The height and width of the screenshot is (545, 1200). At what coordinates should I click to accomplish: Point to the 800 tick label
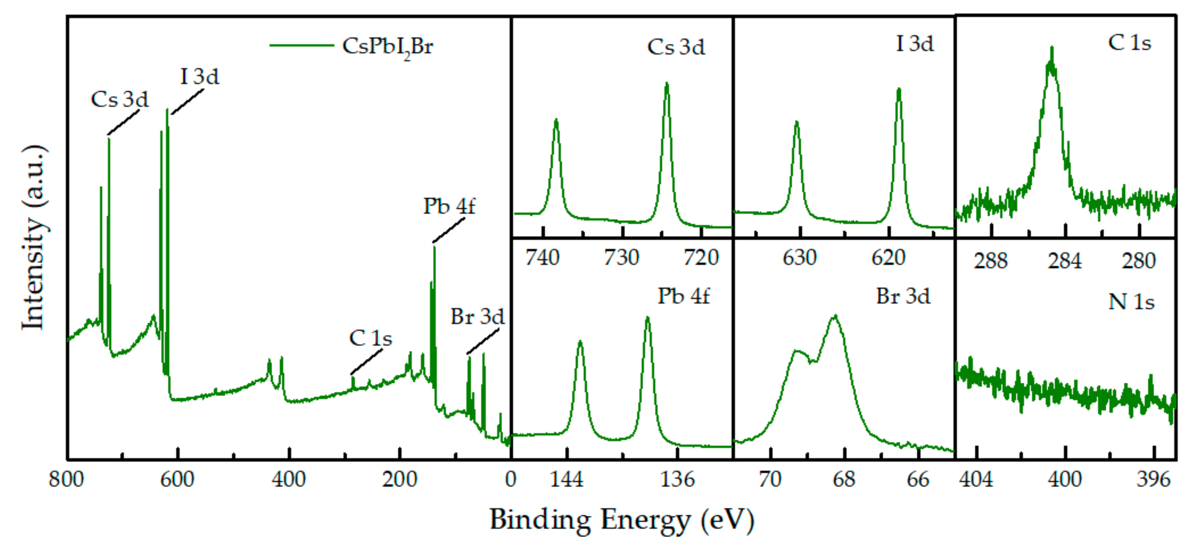pos(66,479)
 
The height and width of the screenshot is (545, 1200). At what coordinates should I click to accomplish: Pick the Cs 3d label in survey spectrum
pos(120,99)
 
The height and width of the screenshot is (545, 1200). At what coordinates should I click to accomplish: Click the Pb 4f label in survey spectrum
pos(449,206)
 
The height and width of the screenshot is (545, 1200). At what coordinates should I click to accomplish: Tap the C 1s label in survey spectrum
pos(370,338)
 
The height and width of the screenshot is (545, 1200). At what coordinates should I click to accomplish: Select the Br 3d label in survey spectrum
pos(478,317)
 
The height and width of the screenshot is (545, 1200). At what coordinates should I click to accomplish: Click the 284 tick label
pos(1064,261)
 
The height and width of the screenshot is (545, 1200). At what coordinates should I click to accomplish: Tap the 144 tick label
pos(567,479)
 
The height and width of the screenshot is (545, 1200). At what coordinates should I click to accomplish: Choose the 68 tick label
pos(844,479)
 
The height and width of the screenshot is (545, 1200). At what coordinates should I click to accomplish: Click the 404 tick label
pos(976,479)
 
